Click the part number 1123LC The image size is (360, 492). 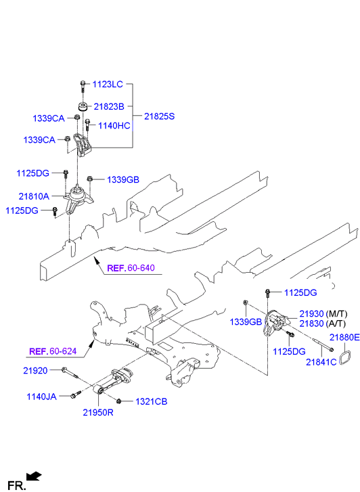pos(108,84)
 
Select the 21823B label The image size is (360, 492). pos(109,106)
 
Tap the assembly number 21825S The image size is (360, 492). pos(159,116)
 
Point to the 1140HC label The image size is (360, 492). pos(114,126)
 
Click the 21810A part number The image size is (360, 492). pos(34,196)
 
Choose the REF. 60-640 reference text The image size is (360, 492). pos(131,268)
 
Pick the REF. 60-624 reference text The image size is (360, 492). pos(53,351)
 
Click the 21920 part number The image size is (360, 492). pos(35,371)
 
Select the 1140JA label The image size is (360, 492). pos(42,397)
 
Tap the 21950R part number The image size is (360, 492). pos(98,412)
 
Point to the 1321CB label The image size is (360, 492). pos(152,401)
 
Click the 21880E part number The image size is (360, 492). pos(344,337)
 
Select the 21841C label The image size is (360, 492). pos(321,362)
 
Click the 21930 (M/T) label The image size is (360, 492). pos(323,314)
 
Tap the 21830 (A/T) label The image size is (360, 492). pos(322,323)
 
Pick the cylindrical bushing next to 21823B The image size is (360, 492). pos(83,107)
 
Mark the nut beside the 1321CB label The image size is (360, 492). pos(118,401)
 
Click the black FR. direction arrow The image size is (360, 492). pos(34,476)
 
